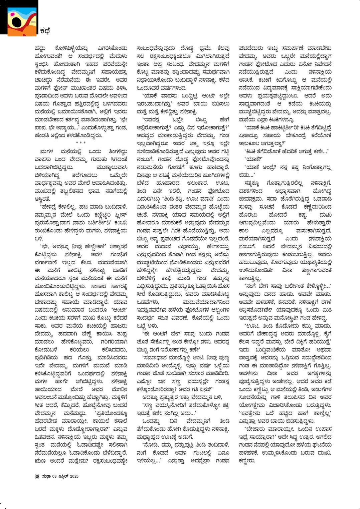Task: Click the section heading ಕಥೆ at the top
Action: (45, 31)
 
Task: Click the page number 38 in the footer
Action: (37, 476)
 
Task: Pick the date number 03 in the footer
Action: (54, 476)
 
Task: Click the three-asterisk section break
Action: (81, 143)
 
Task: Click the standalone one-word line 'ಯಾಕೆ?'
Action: (253, 159)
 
